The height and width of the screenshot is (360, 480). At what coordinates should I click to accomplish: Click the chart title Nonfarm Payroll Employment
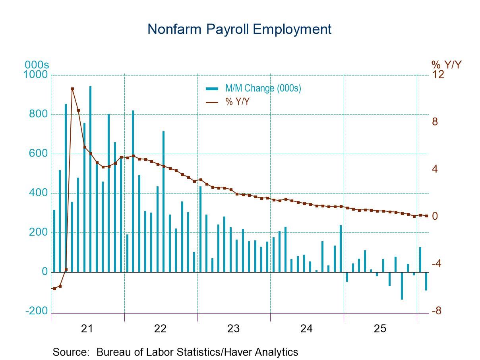pos(239,29)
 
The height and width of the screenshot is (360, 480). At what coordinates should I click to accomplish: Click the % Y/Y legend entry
pos(238,102)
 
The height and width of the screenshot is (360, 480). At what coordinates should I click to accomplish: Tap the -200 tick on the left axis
pos(37,311)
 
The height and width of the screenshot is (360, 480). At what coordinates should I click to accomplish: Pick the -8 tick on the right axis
pos(437,311)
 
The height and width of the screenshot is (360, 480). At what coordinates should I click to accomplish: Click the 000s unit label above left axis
pos(37,65)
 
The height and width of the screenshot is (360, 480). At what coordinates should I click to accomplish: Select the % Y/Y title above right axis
pos(446,64)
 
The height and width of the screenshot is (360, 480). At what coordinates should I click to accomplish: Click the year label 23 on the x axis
pos(233,329)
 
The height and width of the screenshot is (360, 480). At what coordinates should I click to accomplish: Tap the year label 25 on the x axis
pos(379,329)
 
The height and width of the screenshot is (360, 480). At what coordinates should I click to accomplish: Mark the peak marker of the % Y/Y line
pos(72,89)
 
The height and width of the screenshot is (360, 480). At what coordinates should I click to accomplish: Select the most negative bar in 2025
pos(402,286)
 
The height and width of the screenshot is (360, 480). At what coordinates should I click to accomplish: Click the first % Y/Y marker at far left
pos(54,288)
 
